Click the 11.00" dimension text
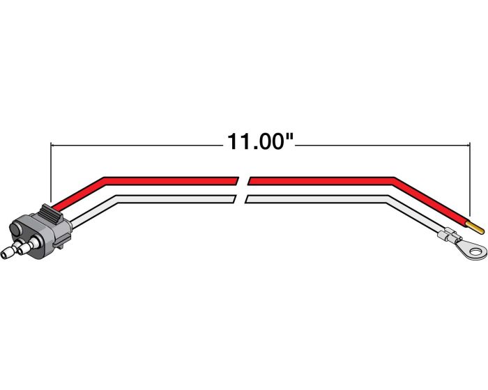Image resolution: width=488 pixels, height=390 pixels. (261, 142)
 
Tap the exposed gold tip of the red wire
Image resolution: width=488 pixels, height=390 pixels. (476, 228)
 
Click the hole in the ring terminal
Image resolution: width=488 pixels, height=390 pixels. (475, 250)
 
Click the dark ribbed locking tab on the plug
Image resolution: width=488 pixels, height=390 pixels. (52, 213)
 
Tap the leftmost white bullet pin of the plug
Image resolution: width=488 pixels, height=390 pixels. (9, 252)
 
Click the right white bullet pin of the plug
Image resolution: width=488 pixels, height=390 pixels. (27, 247)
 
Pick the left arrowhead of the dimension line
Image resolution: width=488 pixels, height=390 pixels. (53, 145)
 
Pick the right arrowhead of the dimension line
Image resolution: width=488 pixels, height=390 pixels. (468, 145)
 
